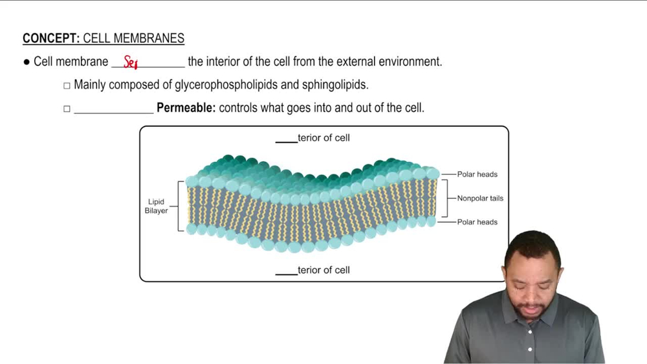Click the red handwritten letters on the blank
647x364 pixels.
tap(131, 63)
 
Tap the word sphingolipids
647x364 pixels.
tap(334, 85)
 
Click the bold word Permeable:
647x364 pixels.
tap(186, 108)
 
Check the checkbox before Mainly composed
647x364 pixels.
tap(67, 85)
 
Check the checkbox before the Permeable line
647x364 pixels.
tap(67, 109)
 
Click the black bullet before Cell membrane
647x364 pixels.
tap(27, 62)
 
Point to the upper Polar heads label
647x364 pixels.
tap(477, 174)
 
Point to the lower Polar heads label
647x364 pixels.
tap(477, 222)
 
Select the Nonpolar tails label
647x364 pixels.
tap(480, 198)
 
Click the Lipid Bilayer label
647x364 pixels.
tap(156, 206)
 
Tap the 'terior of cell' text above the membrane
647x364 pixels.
tap(323, 138)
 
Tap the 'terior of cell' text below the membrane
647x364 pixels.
tap(323, 270)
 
